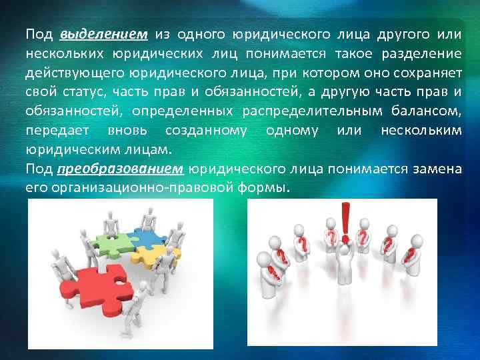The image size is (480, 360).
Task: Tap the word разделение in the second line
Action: [427, 52]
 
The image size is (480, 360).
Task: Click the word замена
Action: [437, 169]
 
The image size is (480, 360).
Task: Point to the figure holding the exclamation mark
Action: [345, 267]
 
